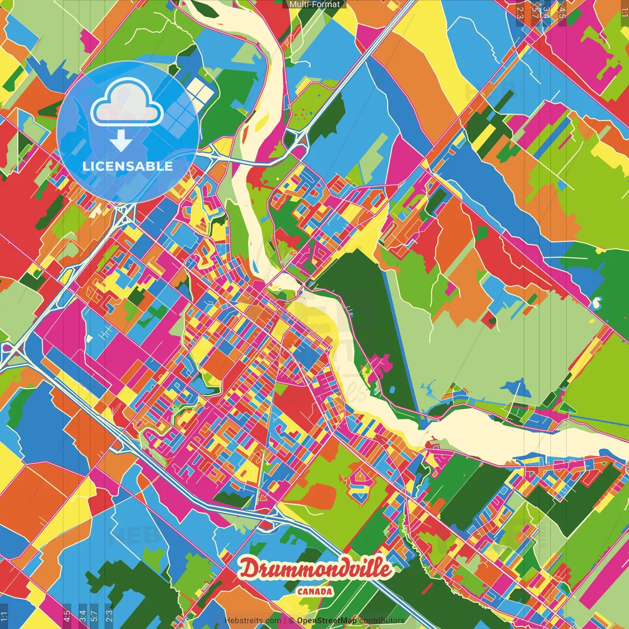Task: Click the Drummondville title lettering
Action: tap(315, 569)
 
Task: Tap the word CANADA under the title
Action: tap(314, 592)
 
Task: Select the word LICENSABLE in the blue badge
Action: tap(128, 166)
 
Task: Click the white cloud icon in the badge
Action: tap(127, 102)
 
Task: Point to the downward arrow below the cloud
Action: tap(120, 142)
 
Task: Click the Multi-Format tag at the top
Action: tap(314, 4)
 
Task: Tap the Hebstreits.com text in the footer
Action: tap(252, 621)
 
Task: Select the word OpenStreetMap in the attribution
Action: tap(326, 621)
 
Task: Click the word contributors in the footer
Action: tap(382, 621)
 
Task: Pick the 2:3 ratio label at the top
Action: tap(519, 13)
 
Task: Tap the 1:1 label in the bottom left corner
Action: tap(4, 616)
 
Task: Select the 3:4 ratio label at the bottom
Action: tap(83, 616)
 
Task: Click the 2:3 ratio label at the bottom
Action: tap(109, 616)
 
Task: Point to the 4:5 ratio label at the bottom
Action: tap(66, 616)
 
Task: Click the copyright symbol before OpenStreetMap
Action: tap(291, 621)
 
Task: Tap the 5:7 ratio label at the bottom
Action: tap(94, 616)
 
